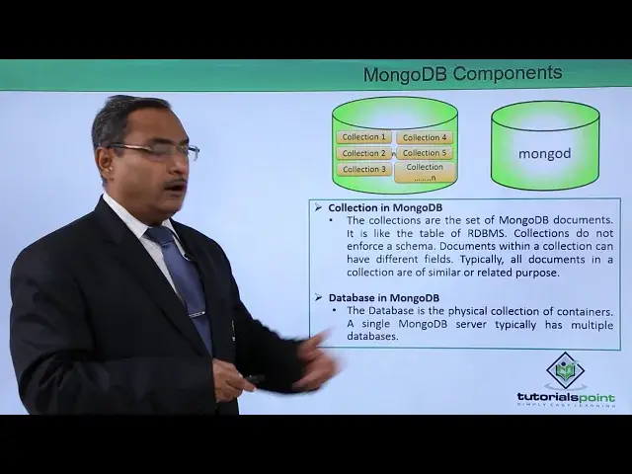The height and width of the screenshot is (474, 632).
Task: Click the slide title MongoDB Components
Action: point(462,74)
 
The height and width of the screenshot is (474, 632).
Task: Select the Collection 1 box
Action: point(364,137)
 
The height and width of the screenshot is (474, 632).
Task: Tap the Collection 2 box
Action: point(364,153)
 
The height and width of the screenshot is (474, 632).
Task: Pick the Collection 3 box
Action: point(364,169)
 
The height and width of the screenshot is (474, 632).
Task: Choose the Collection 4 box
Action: point(425,137)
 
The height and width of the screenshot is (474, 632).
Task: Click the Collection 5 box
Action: point(425,153)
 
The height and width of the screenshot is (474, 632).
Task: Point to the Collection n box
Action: point(425,172)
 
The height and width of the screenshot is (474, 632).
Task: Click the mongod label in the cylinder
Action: point(544,154)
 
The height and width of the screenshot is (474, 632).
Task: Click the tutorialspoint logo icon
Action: point(566,371)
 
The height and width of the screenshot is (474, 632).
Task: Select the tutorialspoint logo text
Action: point(566,398)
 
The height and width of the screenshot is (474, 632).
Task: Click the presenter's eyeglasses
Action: point(158,151)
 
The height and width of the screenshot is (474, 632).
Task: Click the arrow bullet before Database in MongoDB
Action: point(319,298)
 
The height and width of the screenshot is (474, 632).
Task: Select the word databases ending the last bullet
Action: point(372,337)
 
